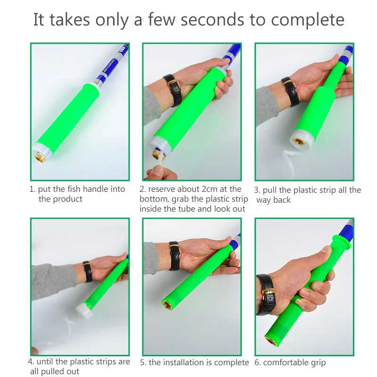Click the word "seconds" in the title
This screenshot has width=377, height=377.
(213, 20)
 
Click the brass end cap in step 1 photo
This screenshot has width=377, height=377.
(40, 158)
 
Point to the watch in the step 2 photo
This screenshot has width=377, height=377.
(172, 90)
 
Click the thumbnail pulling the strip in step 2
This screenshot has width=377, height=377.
(158, 171)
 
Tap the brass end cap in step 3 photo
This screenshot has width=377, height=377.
(299, 142)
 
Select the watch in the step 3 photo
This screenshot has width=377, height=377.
(290, 91)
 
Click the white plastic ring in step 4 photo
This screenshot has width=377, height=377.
(84, 311)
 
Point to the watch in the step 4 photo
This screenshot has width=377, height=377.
(88, 271)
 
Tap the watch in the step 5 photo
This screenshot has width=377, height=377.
(174, 256)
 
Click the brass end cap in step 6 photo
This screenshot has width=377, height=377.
(271, 341)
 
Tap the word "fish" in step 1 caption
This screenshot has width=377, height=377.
(74, 189)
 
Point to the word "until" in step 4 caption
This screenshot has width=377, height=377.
(44, 361)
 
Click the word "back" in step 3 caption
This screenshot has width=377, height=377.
(281, 200)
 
